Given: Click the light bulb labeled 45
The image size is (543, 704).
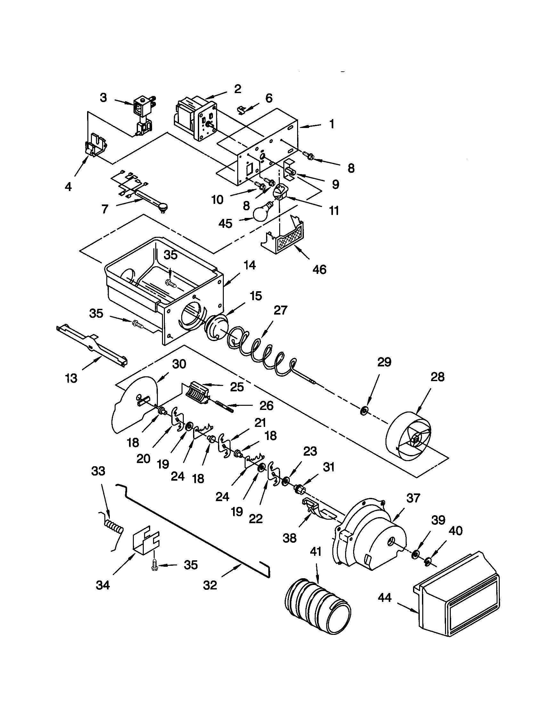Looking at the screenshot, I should coord(263,212).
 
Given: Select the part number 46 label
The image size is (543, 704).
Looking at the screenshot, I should coord(319,269).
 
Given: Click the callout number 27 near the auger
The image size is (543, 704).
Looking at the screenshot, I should coord(280,310).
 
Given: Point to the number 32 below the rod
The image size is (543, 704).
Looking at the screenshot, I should coord(210,585).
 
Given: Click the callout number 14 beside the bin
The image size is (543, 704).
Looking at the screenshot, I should coord(250,265).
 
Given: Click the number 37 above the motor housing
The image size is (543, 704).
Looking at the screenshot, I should coord(413,498).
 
